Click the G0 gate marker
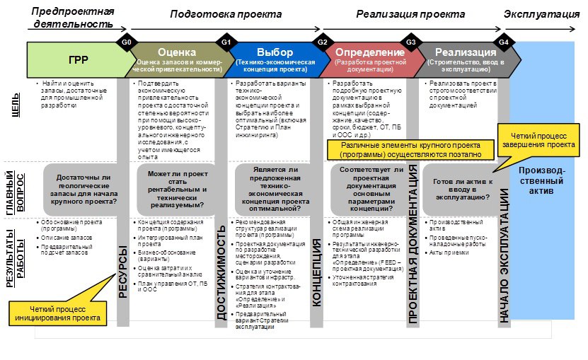pos(127,42)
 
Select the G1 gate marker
pos(226,42)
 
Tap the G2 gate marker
pos(322,42)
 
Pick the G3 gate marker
pos(410,42)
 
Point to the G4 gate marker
pos(503,42)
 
